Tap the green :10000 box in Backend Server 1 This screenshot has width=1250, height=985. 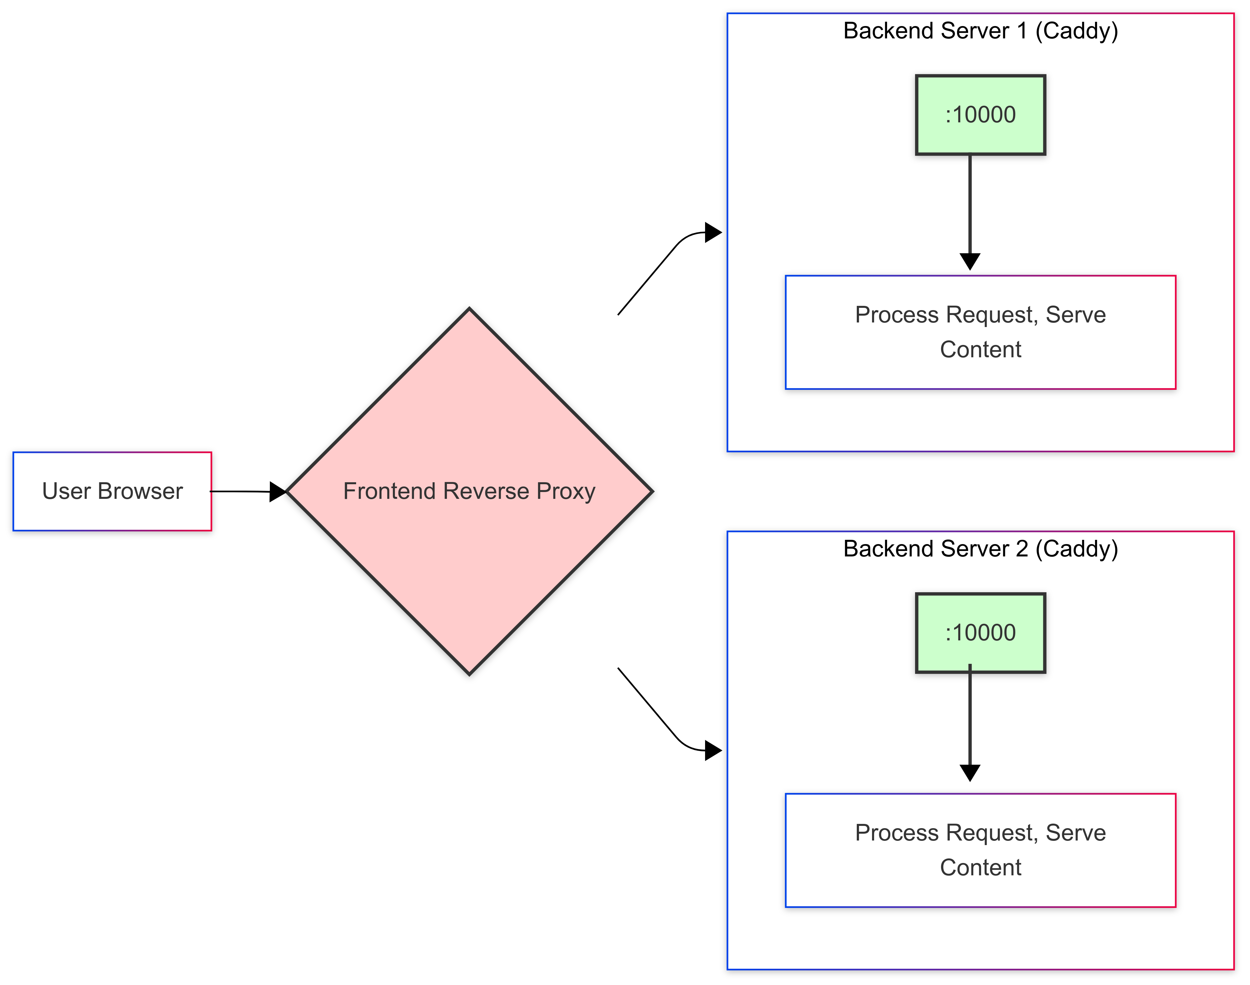click(x=980, y=115)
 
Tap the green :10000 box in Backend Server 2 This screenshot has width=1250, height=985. click(x=980, y=633)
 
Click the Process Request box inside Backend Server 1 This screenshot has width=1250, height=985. click(x=980, y=332)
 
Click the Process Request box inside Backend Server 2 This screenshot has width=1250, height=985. click(x=980, y=850)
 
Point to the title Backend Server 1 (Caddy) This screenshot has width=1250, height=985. click(x=980, y=31)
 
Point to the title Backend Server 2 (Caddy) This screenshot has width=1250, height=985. click(x=980, y=548)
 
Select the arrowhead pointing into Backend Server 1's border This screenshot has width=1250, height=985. click(x=713, y=232)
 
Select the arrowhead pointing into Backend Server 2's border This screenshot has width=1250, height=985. click(x=713, y=751)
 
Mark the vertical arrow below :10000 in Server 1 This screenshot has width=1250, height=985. click(x=970, y=208)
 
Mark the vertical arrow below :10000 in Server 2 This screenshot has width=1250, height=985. click(x=970, y=721)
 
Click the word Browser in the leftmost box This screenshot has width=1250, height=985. click(x=140, y=491)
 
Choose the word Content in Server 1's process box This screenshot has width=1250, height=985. click(x=980, y=349)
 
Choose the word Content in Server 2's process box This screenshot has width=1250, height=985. click(x=980, y=867)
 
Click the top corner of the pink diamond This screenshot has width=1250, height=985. click(x=469, y=310)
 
